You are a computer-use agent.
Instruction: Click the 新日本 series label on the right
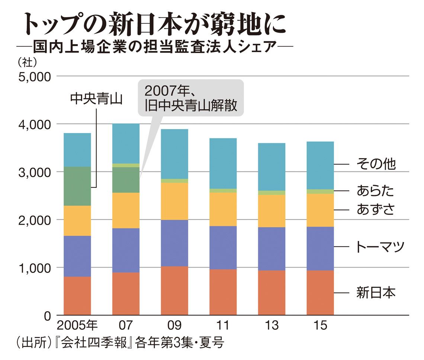click(376, 293)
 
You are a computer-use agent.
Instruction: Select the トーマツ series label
click(379, 247)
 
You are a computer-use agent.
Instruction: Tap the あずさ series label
click(375, 210)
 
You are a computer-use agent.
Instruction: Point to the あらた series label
click(375, 191)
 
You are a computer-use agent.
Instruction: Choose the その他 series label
click(376, 164)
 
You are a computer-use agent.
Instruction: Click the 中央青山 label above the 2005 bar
click(97, 99)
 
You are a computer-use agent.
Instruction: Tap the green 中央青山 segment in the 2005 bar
click(77, 186)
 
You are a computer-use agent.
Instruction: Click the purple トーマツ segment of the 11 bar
click(223, 247)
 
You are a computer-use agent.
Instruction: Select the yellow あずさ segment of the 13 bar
click(272, 211)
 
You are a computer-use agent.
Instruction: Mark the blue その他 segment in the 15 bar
click(320, 165)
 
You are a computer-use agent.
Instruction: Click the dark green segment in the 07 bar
click(126, 180)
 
